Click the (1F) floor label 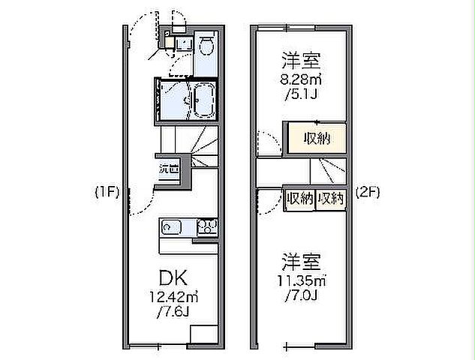click(x=107, y=192)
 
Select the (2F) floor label click(x=367, y=192)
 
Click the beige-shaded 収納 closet click(x=315, y=139)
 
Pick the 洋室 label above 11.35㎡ click(x=302, y=262)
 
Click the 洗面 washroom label click(x=168, y=169)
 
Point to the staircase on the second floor click(x=332, y=172)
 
